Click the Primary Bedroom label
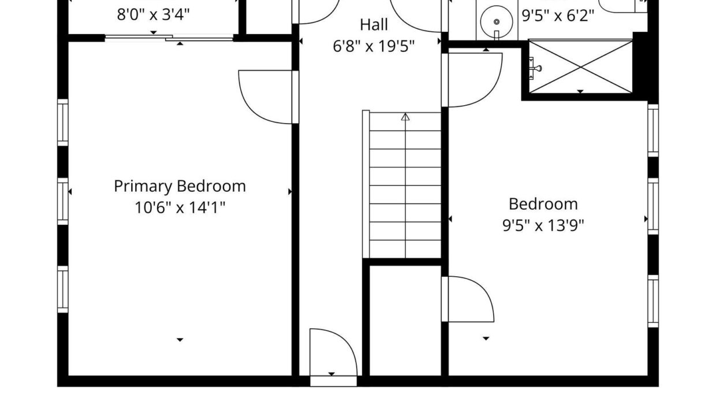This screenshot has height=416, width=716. point(180,187)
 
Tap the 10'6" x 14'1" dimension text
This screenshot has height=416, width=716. point(180,207)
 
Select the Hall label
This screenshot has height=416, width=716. point(374,25)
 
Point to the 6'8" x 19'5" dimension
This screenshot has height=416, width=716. point(374,46)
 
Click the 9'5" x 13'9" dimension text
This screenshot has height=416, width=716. point(543,225)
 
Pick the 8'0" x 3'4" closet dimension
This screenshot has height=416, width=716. point(154,14)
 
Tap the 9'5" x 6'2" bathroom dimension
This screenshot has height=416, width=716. point(558,16)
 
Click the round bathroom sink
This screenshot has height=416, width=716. point(497,22)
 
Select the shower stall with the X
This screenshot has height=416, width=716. point(580,67)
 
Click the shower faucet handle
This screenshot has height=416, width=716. point(535,68)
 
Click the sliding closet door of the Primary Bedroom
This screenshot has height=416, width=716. point(169,38)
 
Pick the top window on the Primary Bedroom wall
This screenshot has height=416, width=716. point(62,122)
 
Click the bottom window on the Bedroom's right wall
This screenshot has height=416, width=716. point(653,301)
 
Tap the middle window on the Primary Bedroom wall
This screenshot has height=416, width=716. point(62,202)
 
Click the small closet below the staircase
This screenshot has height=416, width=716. point(405,321)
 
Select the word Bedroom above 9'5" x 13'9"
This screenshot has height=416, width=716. point(543,204)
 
